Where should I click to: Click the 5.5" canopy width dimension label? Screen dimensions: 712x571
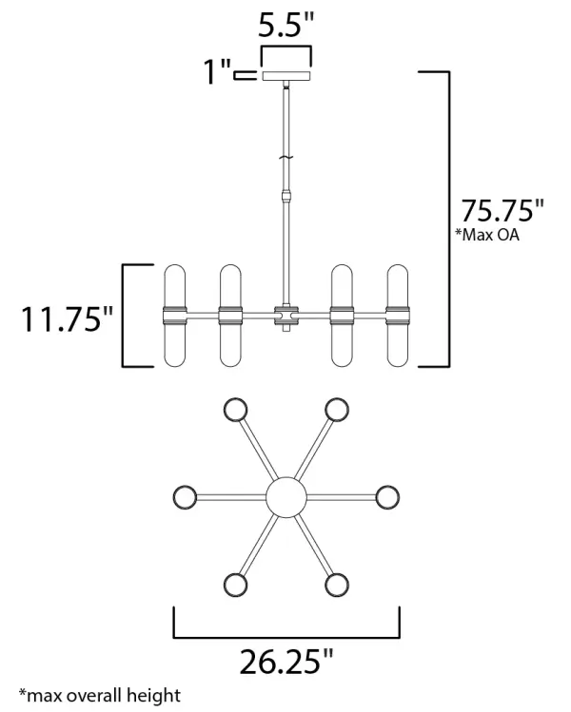(285, 26)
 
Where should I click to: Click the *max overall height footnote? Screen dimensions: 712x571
(99, 695)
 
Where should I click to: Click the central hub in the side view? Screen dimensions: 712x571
(285, 317)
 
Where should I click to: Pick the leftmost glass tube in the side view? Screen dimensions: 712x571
(174, 316)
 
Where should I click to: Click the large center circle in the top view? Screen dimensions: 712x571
(285, 496)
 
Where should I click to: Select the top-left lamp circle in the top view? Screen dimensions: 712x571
(234, 410)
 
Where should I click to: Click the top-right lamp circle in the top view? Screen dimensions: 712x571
(336, 410)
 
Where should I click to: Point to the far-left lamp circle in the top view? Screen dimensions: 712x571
(185, 496)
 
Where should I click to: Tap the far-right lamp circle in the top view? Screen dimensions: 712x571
(386, 496)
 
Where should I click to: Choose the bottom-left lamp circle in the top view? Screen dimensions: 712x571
(234, 583)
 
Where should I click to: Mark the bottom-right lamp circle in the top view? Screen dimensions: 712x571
(336, 583)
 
